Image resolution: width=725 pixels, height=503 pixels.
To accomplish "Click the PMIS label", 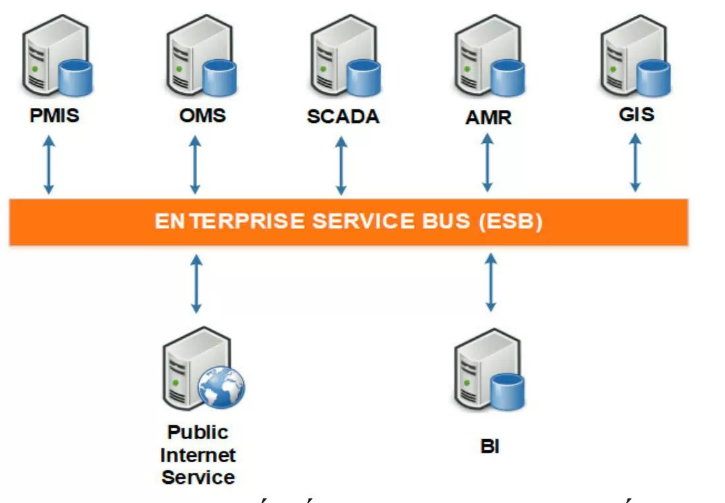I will (x=54, y=117).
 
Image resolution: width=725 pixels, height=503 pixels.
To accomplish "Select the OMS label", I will (x=202, y=115).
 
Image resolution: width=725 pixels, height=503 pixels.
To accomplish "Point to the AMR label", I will (x=488, y=117).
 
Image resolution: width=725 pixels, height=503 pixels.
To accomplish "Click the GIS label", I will (x=637, y=114).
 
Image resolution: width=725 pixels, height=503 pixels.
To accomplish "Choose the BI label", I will (x=490, y=447).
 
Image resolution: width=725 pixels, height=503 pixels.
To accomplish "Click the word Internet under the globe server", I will (x=198, y=455).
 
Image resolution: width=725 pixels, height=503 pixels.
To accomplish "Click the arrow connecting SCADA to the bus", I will (x=341, y=165).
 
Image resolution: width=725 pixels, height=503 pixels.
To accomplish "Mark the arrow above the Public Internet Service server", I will (x=196, y=284).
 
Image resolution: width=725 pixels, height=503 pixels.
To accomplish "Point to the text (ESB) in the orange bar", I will (x=512, y=221).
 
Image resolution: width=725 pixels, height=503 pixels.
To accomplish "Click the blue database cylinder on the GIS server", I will (x=653, y=77).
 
